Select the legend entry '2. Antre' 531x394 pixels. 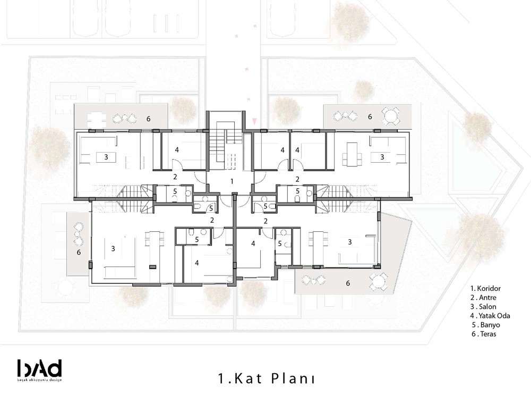483,298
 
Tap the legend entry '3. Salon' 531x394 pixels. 483,307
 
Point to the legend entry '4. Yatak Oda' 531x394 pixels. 490,316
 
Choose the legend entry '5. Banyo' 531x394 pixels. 486,325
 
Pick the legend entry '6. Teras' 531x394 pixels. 484,334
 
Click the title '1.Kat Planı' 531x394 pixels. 267,379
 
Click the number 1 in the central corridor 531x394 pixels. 232,181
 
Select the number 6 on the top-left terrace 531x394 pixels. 148,119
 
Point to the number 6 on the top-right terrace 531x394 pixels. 370,116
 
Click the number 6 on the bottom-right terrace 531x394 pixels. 348,283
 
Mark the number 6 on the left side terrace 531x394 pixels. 79,252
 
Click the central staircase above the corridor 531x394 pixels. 225,145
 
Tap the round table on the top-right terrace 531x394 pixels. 391,116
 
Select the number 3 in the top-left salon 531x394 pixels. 106,157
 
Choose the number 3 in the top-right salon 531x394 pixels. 382,157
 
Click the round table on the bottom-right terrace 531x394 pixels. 379,282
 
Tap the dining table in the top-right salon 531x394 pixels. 352,155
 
